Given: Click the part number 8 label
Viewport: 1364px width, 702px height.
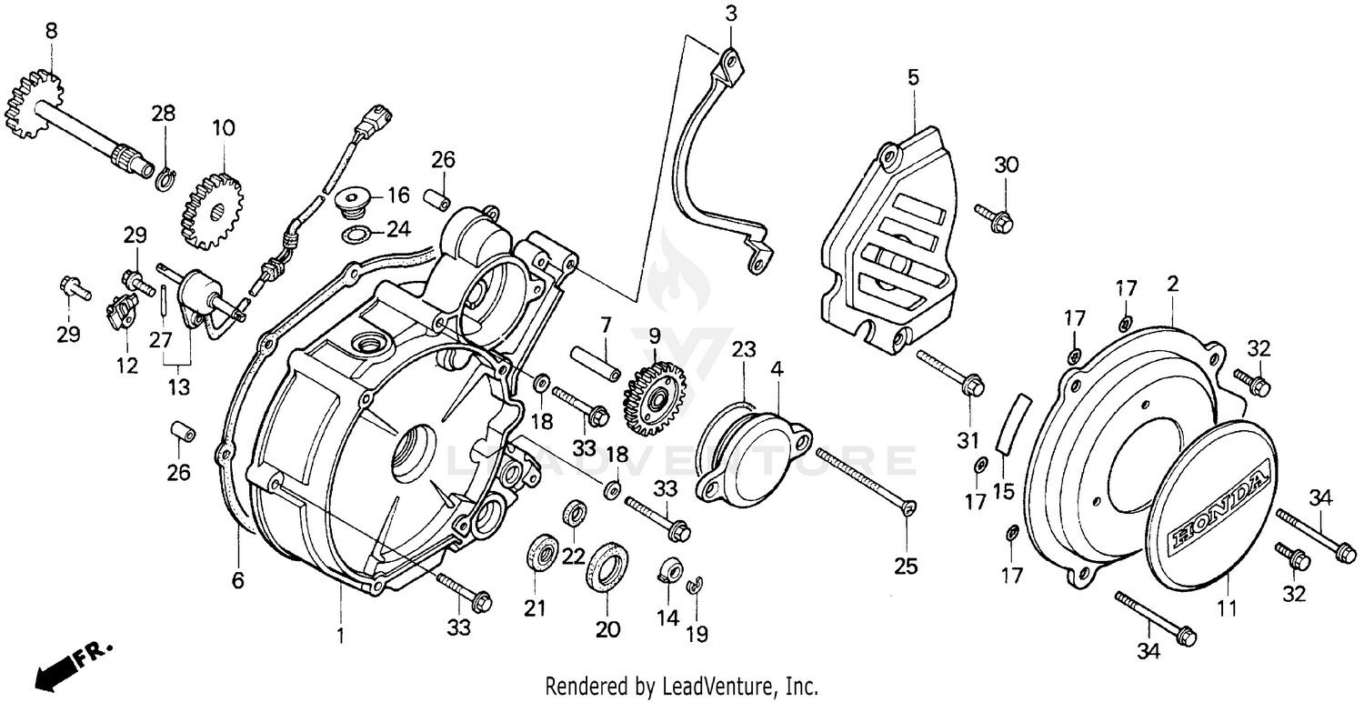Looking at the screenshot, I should (51, 30).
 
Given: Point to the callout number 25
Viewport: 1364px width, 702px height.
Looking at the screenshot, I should (905, 567).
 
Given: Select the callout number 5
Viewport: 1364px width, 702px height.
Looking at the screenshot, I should (913, 77).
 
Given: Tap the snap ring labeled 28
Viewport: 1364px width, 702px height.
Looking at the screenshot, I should (165, 179).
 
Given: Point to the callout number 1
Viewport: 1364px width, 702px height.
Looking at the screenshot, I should (341, 636).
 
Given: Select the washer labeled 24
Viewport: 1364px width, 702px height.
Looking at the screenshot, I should (356, 236).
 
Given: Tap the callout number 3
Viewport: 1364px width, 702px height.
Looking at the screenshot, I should (731, 13).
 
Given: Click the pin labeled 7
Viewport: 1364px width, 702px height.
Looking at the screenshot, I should (596, 362).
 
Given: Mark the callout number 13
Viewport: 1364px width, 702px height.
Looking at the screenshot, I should (178, 386).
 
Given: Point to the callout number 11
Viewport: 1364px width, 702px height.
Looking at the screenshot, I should (1228, 608).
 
